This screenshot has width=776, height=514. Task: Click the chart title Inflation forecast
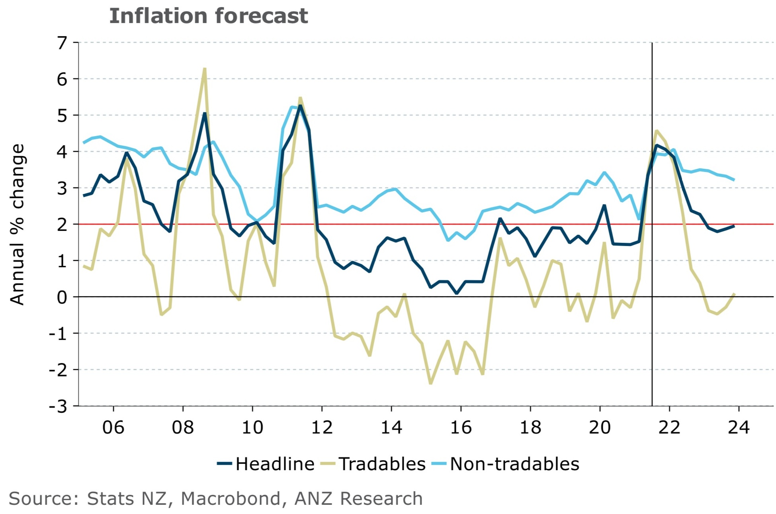pyautogui.click(x=208, y=16)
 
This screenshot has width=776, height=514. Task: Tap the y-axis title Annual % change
pyautogui.click(x=18, y=225)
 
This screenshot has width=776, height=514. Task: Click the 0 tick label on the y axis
pyautogui.click(x=62, y=297)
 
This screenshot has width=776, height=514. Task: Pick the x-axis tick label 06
pyautogui.click(x=113, y=428)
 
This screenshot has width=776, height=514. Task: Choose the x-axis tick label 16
pyautogui.click(x=461, y=428)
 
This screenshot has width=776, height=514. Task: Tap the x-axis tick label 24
pyautogui.click(x=739, y=428)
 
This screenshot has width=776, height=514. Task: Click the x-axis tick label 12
pyautogui.click(x=322, y=428)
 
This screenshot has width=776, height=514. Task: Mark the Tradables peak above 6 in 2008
pyautogui.click(x=205, y=69)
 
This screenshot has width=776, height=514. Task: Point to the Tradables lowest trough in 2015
pyautogui.click(x=430, y=383)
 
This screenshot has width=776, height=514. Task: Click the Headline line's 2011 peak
pyautogui.click(x=300, y=106)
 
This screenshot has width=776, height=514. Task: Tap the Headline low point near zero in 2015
pyautogui.click(x=456, y=293)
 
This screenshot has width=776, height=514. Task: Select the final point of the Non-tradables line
pyautogui.click(x=734, y=180)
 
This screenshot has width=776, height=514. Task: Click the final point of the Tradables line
pyautogui.click(x=734, y=294)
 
